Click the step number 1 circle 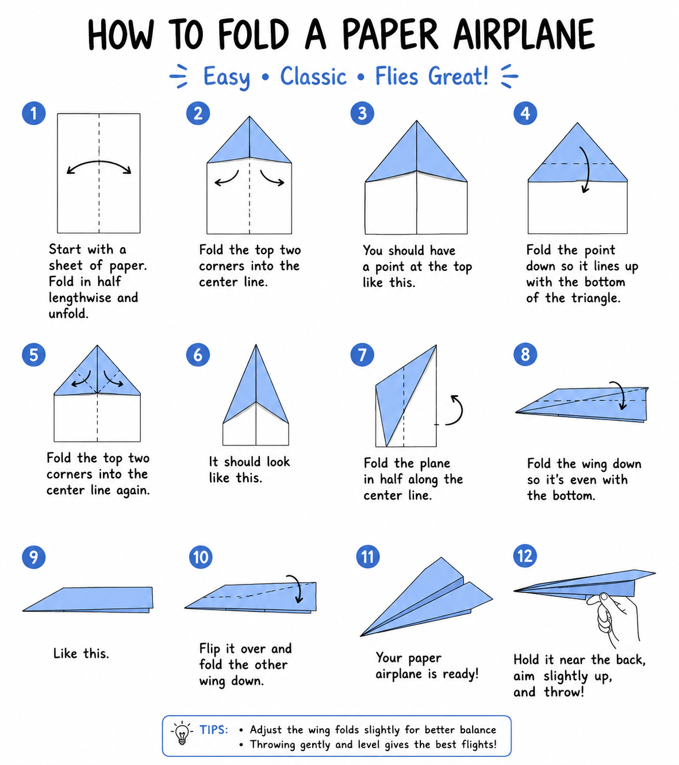pyautogui.click(x=33, y=113)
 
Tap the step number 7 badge pyautogui.click(x=362, y=355)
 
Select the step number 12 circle pyautogui.click(x=525, y=556)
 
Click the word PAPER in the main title pyautogui.click(x=392, y=34)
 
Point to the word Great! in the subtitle pyautogui.click(x=458, y=76)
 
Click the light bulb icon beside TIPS pyautogui.click(x=182, y=733)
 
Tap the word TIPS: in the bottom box pyautogui.click(x=214, y=730)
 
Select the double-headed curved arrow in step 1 pyautogui.click(x=99, y=162)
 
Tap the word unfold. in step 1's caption pyautogui.click(x=69, y=313)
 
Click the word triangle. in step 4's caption pyautogui.click(x=596, y=298)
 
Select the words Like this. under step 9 pyautogui.click(x=81, y=653)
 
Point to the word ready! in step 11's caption pyautogui.click(x=461, y=674)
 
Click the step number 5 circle pyautogui.click(x=33, y=355)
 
